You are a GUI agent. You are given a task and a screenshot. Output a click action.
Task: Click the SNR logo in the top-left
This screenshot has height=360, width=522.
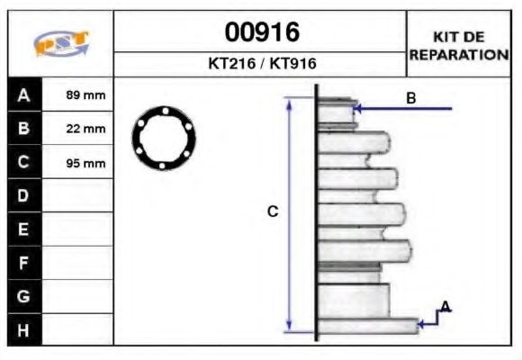[x=60, y=44]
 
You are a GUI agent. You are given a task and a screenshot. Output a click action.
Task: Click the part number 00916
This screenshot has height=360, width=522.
[x=261, y=32]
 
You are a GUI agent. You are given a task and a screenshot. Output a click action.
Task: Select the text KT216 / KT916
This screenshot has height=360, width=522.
[x=261, y=65]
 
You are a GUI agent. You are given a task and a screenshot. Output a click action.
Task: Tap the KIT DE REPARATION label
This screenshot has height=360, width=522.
[x=458, y=45]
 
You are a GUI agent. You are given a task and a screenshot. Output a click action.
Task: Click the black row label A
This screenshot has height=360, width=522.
[x=24, y=94]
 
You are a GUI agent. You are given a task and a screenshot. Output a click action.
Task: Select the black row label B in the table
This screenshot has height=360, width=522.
[x=24, y=129]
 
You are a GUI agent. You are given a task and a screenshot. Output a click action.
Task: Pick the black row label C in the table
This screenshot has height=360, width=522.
[x=24, y=162]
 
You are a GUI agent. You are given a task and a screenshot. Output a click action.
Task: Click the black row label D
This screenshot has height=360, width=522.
[x=24, y=195]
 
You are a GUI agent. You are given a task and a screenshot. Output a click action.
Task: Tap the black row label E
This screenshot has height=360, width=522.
[x=24, y=229]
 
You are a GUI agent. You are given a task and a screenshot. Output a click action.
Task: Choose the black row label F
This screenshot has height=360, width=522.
[x=24, y=263]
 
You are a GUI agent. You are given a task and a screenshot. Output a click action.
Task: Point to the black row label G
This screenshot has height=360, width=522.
[x=24, y=296]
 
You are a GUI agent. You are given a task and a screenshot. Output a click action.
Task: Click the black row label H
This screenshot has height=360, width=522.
[x=24, y=329]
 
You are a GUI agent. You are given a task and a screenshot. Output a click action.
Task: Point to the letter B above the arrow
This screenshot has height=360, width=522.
[x=411, y=98]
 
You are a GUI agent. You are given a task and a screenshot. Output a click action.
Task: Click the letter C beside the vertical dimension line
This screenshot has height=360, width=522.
[x=273, y=211]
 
